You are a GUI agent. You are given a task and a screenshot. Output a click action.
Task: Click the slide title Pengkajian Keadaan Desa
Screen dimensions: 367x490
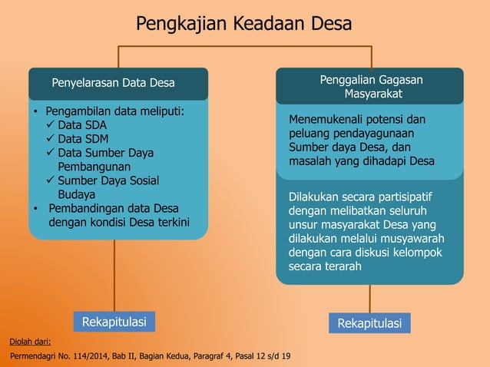(x=243, y=24)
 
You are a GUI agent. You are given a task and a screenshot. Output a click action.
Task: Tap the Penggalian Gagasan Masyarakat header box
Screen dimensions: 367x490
(x=370, y=86)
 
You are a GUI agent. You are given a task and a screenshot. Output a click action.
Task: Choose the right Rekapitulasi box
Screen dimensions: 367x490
(x=369, y=323)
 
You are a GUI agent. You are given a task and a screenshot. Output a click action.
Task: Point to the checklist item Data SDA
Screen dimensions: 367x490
(x=82, y=125)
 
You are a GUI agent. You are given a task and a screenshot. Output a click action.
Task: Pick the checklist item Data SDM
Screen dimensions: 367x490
(x=83, y=139)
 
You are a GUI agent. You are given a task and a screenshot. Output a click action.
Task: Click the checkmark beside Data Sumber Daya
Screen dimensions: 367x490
(x=51, y=153)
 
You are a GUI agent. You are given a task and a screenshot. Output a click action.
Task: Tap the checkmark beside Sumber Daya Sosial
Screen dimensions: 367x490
(x=51, y=180)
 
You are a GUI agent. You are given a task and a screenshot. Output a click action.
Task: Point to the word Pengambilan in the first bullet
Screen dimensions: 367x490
(x=81, y=111)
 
